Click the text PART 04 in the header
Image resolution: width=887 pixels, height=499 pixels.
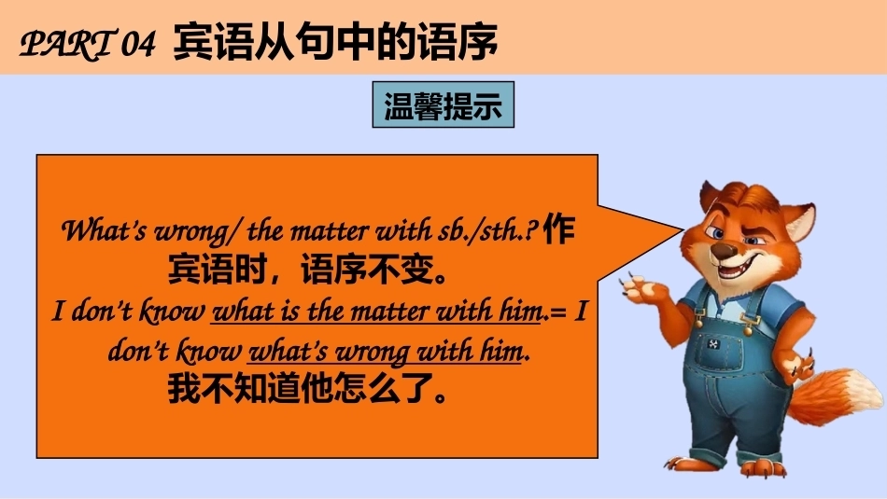[88, 43]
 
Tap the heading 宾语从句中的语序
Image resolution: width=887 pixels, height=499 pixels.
[335, 42]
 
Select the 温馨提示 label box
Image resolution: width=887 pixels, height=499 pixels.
[443, 104]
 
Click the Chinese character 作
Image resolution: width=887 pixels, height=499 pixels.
[558, 229]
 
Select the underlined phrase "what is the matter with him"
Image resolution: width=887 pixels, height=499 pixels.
[376, 312]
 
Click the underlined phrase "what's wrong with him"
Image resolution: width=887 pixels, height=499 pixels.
[385, 352]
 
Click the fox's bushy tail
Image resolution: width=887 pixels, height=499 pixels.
[836, 395]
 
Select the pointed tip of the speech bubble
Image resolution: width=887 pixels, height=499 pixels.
[683, 229]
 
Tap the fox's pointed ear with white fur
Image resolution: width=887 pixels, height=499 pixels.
[798, 221]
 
